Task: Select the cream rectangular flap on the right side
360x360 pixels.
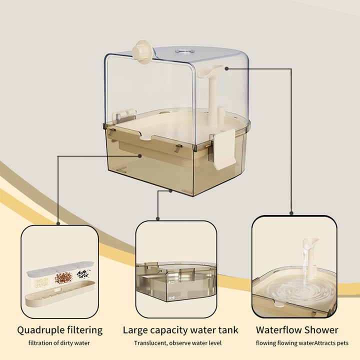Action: pyautogui.click(x=225, y=148)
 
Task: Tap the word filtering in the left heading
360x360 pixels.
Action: pyautogui.click(x=85, y=330)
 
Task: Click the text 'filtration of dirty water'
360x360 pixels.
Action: pyautogui.click(x=59, y=343)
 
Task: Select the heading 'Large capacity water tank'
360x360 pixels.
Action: pyautogui.click(x=180, y=330)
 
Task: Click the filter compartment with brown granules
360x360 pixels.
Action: pyautogui.click(x=63, y=277)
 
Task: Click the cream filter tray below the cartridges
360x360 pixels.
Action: pyautogui.click(x=58, y=297)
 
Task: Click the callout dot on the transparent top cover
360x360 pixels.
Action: pyautogui.click(x=226, y=68)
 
